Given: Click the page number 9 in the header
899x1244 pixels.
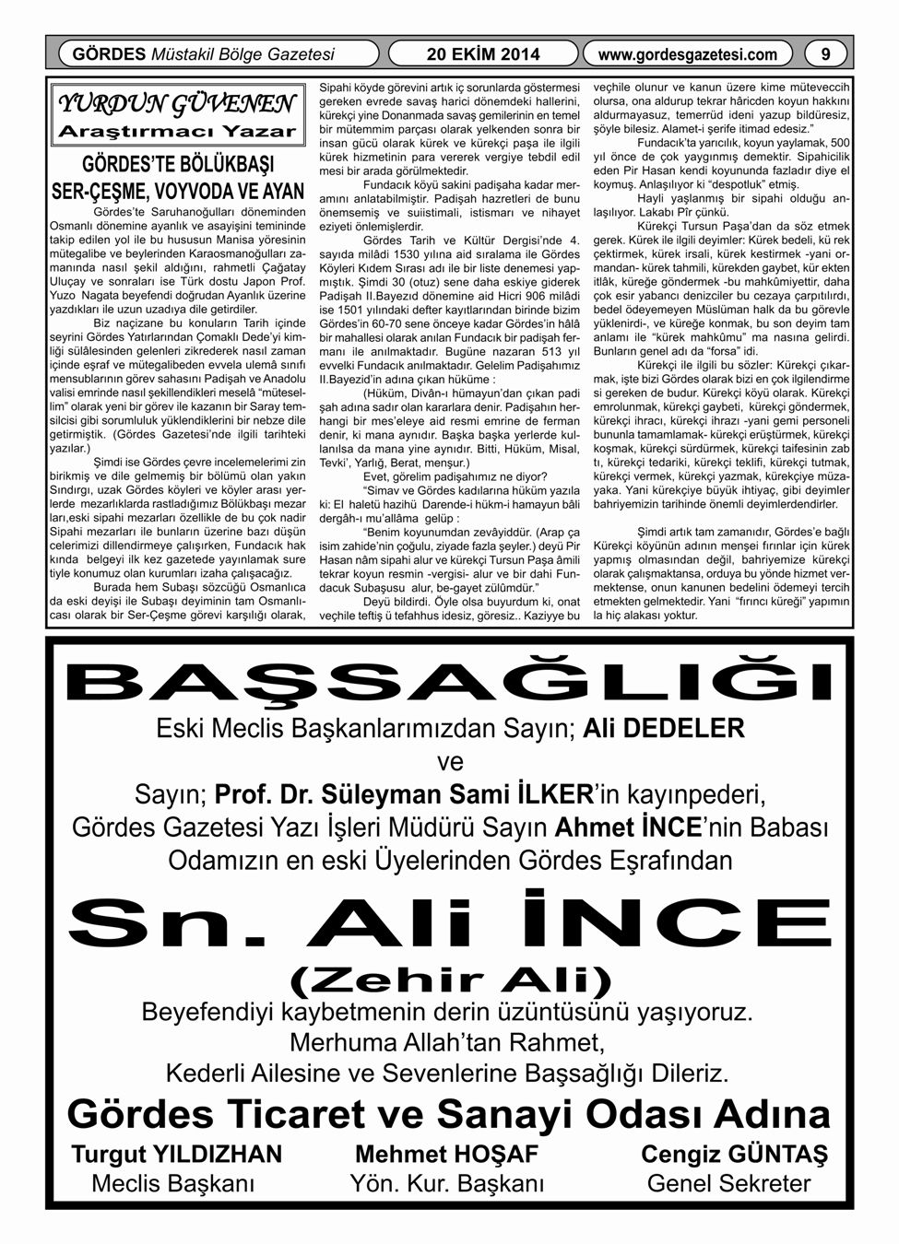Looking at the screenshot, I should click(826, 54).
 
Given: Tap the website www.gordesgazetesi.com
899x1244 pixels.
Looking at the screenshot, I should click(688, 54).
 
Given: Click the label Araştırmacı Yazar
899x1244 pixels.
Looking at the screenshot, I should click(176, 131).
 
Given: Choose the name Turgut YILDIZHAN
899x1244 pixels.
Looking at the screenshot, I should click(177, 1154).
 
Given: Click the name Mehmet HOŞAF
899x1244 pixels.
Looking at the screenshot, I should click(446, 1154).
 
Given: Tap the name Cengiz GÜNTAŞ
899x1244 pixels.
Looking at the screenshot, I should click(734, 1154).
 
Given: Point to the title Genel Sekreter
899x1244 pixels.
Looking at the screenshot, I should click(729, 1183).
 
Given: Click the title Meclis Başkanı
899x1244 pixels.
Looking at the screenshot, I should click(173, 1183).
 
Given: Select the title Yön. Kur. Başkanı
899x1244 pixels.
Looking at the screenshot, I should click(446, 1183).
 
